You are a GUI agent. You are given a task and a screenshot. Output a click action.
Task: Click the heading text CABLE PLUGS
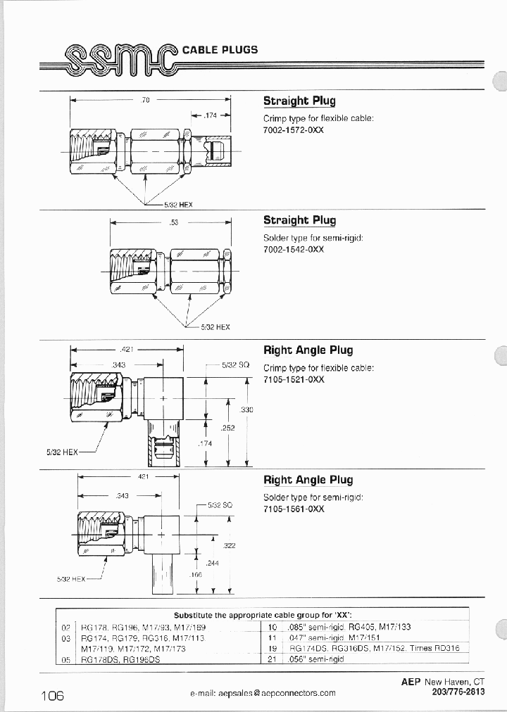pyautogui.click(x=220, y=50)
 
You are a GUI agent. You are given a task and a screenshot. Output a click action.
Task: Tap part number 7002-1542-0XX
pyautogui.click(x=294, y=251)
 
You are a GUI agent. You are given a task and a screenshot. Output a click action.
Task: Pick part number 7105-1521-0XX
pyautogui.click(x=294, y=379)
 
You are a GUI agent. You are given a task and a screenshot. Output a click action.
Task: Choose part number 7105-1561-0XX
pyautogui.click(x=294, y=509)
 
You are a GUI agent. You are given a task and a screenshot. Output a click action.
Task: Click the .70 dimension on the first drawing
pyautogui.click(x=146, y=100)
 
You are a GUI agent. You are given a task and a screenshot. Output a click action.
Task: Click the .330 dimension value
pyautogui.click(x=246, y=410)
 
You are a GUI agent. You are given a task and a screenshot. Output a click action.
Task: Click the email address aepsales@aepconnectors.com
pyautogui.click(x=263, y=693)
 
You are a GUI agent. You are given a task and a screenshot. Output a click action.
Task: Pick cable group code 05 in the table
pyautogui.click(x=66, y=659)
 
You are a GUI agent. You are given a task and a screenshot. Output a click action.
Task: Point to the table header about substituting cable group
pyautogui.click(x=263, y=614)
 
